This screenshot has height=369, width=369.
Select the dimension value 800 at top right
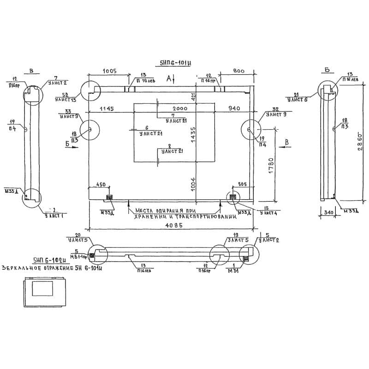click(x=239, y=71)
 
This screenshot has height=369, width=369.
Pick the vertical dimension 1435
click(x=194, y=136)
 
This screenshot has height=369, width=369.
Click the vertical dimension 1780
click(x=271, y=165)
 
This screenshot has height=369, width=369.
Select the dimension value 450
click(x=101, y=185)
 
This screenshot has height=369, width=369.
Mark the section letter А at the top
click(x=169, y=78)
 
